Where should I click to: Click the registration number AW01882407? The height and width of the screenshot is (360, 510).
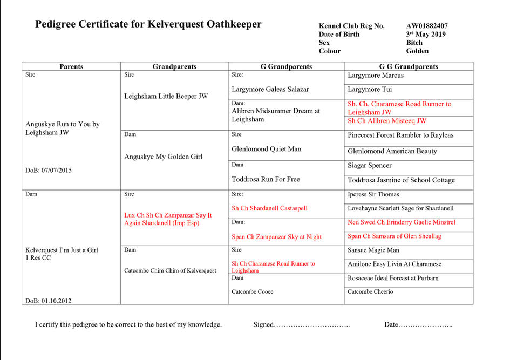pyautogui.click(x=426, y=26)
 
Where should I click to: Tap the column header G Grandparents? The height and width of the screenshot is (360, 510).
pyautogui.click(x=286, y=66)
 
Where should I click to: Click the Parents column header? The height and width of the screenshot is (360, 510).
pyautogui.click(x=71, y=66)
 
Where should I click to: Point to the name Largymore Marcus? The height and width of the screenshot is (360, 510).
pyautogui.click(x=376, y=76)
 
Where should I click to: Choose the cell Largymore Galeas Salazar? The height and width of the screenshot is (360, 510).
pyautogui.click(x=270, y=89)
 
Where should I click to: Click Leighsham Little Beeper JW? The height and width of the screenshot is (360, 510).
pyautogui.click(x=166, y=96)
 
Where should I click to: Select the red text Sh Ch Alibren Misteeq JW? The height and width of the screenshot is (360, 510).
pyautogui.click(x=387, y=121)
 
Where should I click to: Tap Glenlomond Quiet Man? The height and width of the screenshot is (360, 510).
pyautogui.click(x=266, y=148)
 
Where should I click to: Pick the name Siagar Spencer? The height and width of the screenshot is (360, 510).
pyautogui.click(x=370, y=166)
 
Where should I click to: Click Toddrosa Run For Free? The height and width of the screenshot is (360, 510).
pyautogui.click(x=266, y=179)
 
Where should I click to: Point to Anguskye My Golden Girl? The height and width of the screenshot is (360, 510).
pyautogui.click(x=163, y=157)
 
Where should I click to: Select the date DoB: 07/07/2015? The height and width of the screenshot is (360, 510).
pyautogui.click(x=49, y=170)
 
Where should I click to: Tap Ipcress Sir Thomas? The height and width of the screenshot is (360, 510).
pyautogui.click(x=373, y=194)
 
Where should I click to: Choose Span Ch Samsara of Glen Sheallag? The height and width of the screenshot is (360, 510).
pyautogui.click(x=395, y=236)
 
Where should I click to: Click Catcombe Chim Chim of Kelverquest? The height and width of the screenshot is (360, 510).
pyautogui.click(x=170, y=270)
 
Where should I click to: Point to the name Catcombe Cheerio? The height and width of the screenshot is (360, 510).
pyautogui.click(x=370, y=291)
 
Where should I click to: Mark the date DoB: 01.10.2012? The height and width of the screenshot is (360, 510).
pyautogui.click(x=48, y=301)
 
